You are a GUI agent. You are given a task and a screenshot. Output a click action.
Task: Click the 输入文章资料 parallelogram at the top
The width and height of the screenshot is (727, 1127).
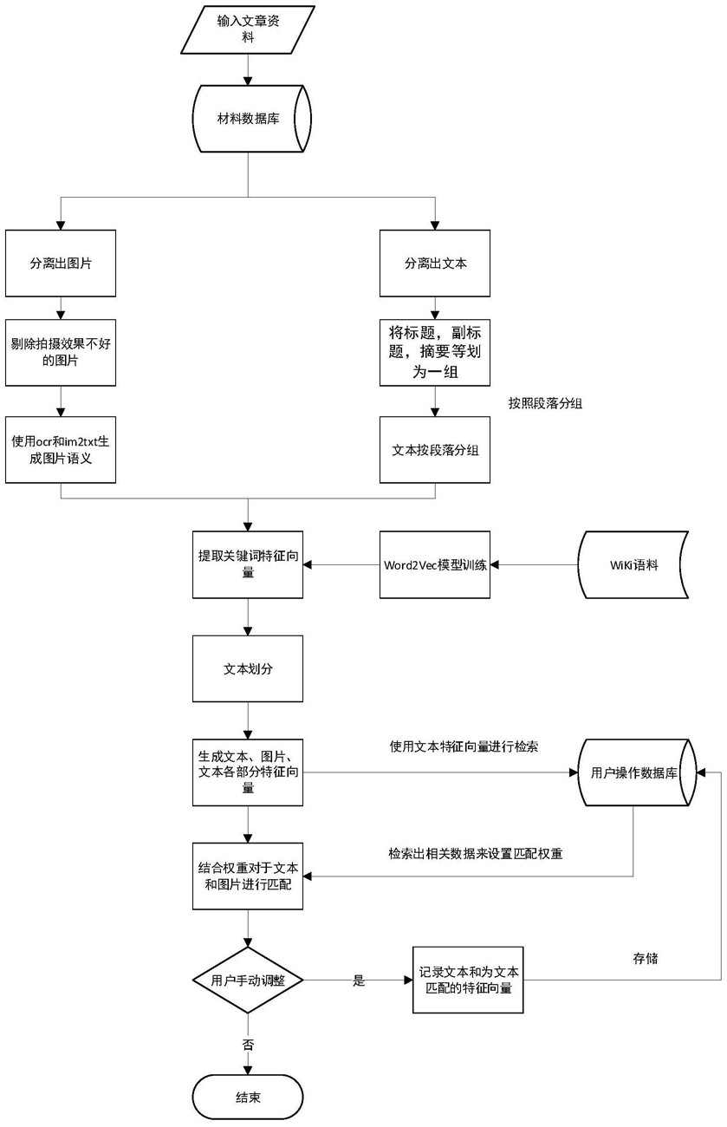pos(248,29)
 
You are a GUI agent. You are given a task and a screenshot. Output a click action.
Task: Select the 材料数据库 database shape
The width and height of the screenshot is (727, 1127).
pos(251,119)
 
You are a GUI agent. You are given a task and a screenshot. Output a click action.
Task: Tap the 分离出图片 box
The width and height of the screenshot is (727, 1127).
pos(61,264)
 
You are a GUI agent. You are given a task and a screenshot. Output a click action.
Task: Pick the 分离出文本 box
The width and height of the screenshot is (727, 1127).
pos(435,264)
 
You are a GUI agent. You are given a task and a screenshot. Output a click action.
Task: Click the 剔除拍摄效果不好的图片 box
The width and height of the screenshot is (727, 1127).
pos(61,352)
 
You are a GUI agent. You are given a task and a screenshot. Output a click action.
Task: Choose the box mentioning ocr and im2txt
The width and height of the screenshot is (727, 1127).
pos(61,450)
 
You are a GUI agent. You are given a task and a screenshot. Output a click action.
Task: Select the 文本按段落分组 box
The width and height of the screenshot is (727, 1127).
pos(435,450)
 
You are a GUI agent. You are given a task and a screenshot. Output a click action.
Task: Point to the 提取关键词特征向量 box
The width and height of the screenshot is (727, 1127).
pos(248,564)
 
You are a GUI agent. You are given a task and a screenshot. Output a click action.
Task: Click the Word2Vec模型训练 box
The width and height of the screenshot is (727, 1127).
pos(435,564)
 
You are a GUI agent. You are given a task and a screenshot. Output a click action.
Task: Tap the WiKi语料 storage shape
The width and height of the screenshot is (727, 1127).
pos(633,564)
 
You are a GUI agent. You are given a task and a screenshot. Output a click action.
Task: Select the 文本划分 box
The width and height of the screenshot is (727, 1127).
pos(248,668)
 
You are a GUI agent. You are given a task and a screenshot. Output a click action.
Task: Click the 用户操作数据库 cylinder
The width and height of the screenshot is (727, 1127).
pos(637,772)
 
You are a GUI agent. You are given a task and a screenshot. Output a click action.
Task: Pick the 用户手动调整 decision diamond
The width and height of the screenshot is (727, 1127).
pos(248,980)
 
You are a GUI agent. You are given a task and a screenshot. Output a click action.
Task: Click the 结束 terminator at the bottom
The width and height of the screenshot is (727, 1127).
pos(248,1098)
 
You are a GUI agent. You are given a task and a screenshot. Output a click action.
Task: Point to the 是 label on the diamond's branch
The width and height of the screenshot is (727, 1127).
pos(359,980)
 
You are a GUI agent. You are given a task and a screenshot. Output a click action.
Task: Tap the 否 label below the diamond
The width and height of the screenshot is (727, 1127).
pos(248,1045)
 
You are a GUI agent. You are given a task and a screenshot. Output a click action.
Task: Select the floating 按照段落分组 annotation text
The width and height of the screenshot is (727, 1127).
pos(546,403)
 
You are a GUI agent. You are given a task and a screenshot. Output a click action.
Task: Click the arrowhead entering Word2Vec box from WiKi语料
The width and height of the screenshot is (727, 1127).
pos(494,564)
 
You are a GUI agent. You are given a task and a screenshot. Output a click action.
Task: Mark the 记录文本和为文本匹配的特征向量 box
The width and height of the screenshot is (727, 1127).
pos(468,980)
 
